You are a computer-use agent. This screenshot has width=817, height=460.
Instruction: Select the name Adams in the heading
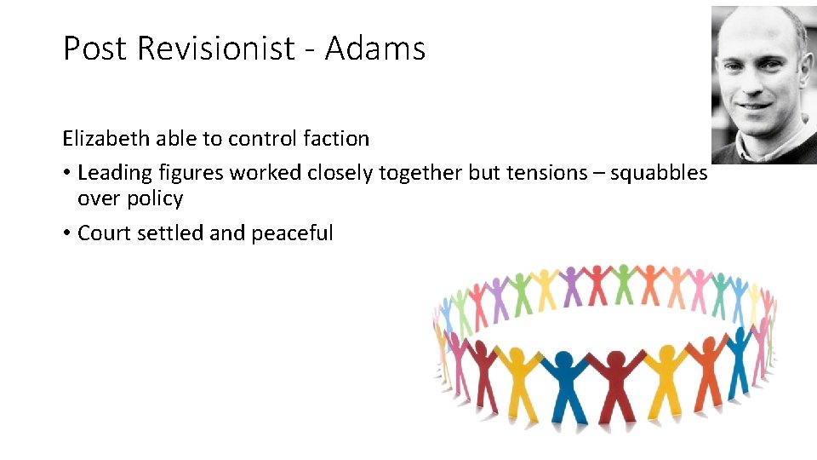(374, 49)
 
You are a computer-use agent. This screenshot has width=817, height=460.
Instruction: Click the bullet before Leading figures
(66, 173)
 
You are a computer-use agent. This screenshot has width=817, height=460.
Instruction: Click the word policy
(156, 198)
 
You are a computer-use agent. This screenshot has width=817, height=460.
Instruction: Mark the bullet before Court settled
(66, 233)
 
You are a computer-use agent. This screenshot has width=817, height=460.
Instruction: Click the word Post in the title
(96, 49)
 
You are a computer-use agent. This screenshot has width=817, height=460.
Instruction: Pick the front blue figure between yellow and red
(562, 383)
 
